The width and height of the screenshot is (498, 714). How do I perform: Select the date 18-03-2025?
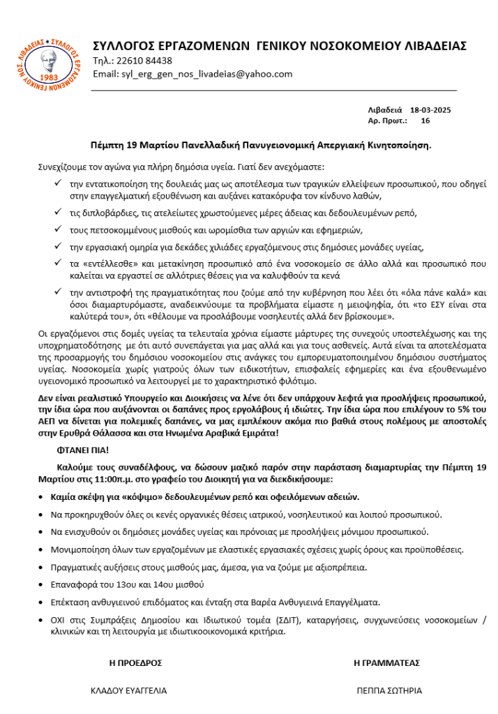point(431,109)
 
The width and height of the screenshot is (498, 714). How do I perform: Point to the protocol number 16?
point(425,121)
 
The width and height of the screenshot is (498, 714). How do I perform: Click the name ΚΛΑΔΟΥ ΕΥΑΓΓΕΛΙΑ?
point(129,690)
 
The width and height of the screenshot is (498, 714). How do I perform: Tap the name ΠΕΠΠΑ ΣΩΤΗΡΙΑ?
point(389,690)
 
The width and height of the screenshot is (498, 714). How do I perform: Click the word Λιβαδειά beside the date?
point(385,109)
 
